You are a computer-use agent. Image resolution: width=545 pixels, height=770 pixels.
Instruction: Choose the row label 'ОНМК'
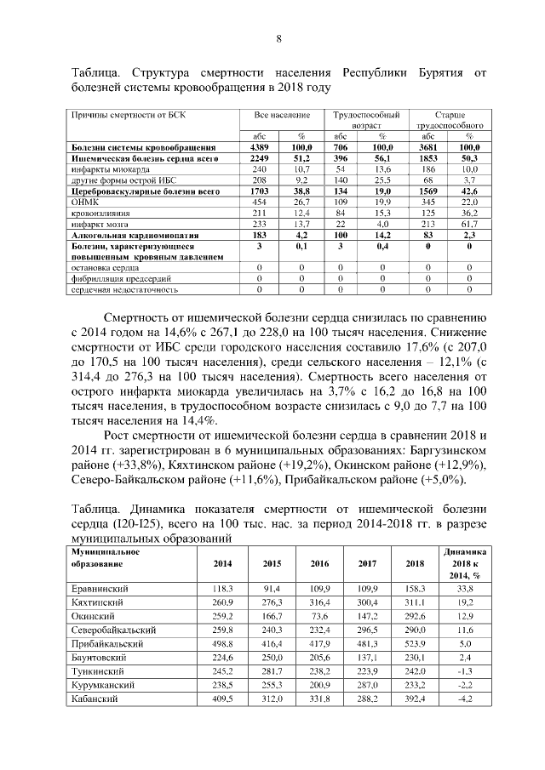pyautogui.click(x=84, y=202)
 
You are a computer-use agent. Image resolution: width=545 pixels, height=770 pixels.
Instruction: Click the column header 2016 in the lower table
pyautogui.click(x=320, y=563)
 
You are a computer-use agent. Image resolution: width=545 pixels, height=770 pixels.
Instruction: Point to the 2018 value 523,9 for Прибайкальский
pyautogui.click(x=415, y=643)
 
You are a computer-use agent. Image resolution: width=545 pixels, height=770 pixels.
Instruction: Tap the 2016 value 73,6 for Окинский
pyautogui.click(x=320, y=616)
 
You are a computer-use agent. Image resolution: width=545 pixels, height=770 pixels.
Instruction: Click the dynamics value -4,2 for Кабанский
pyautogui.click(x=465, y=699)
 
